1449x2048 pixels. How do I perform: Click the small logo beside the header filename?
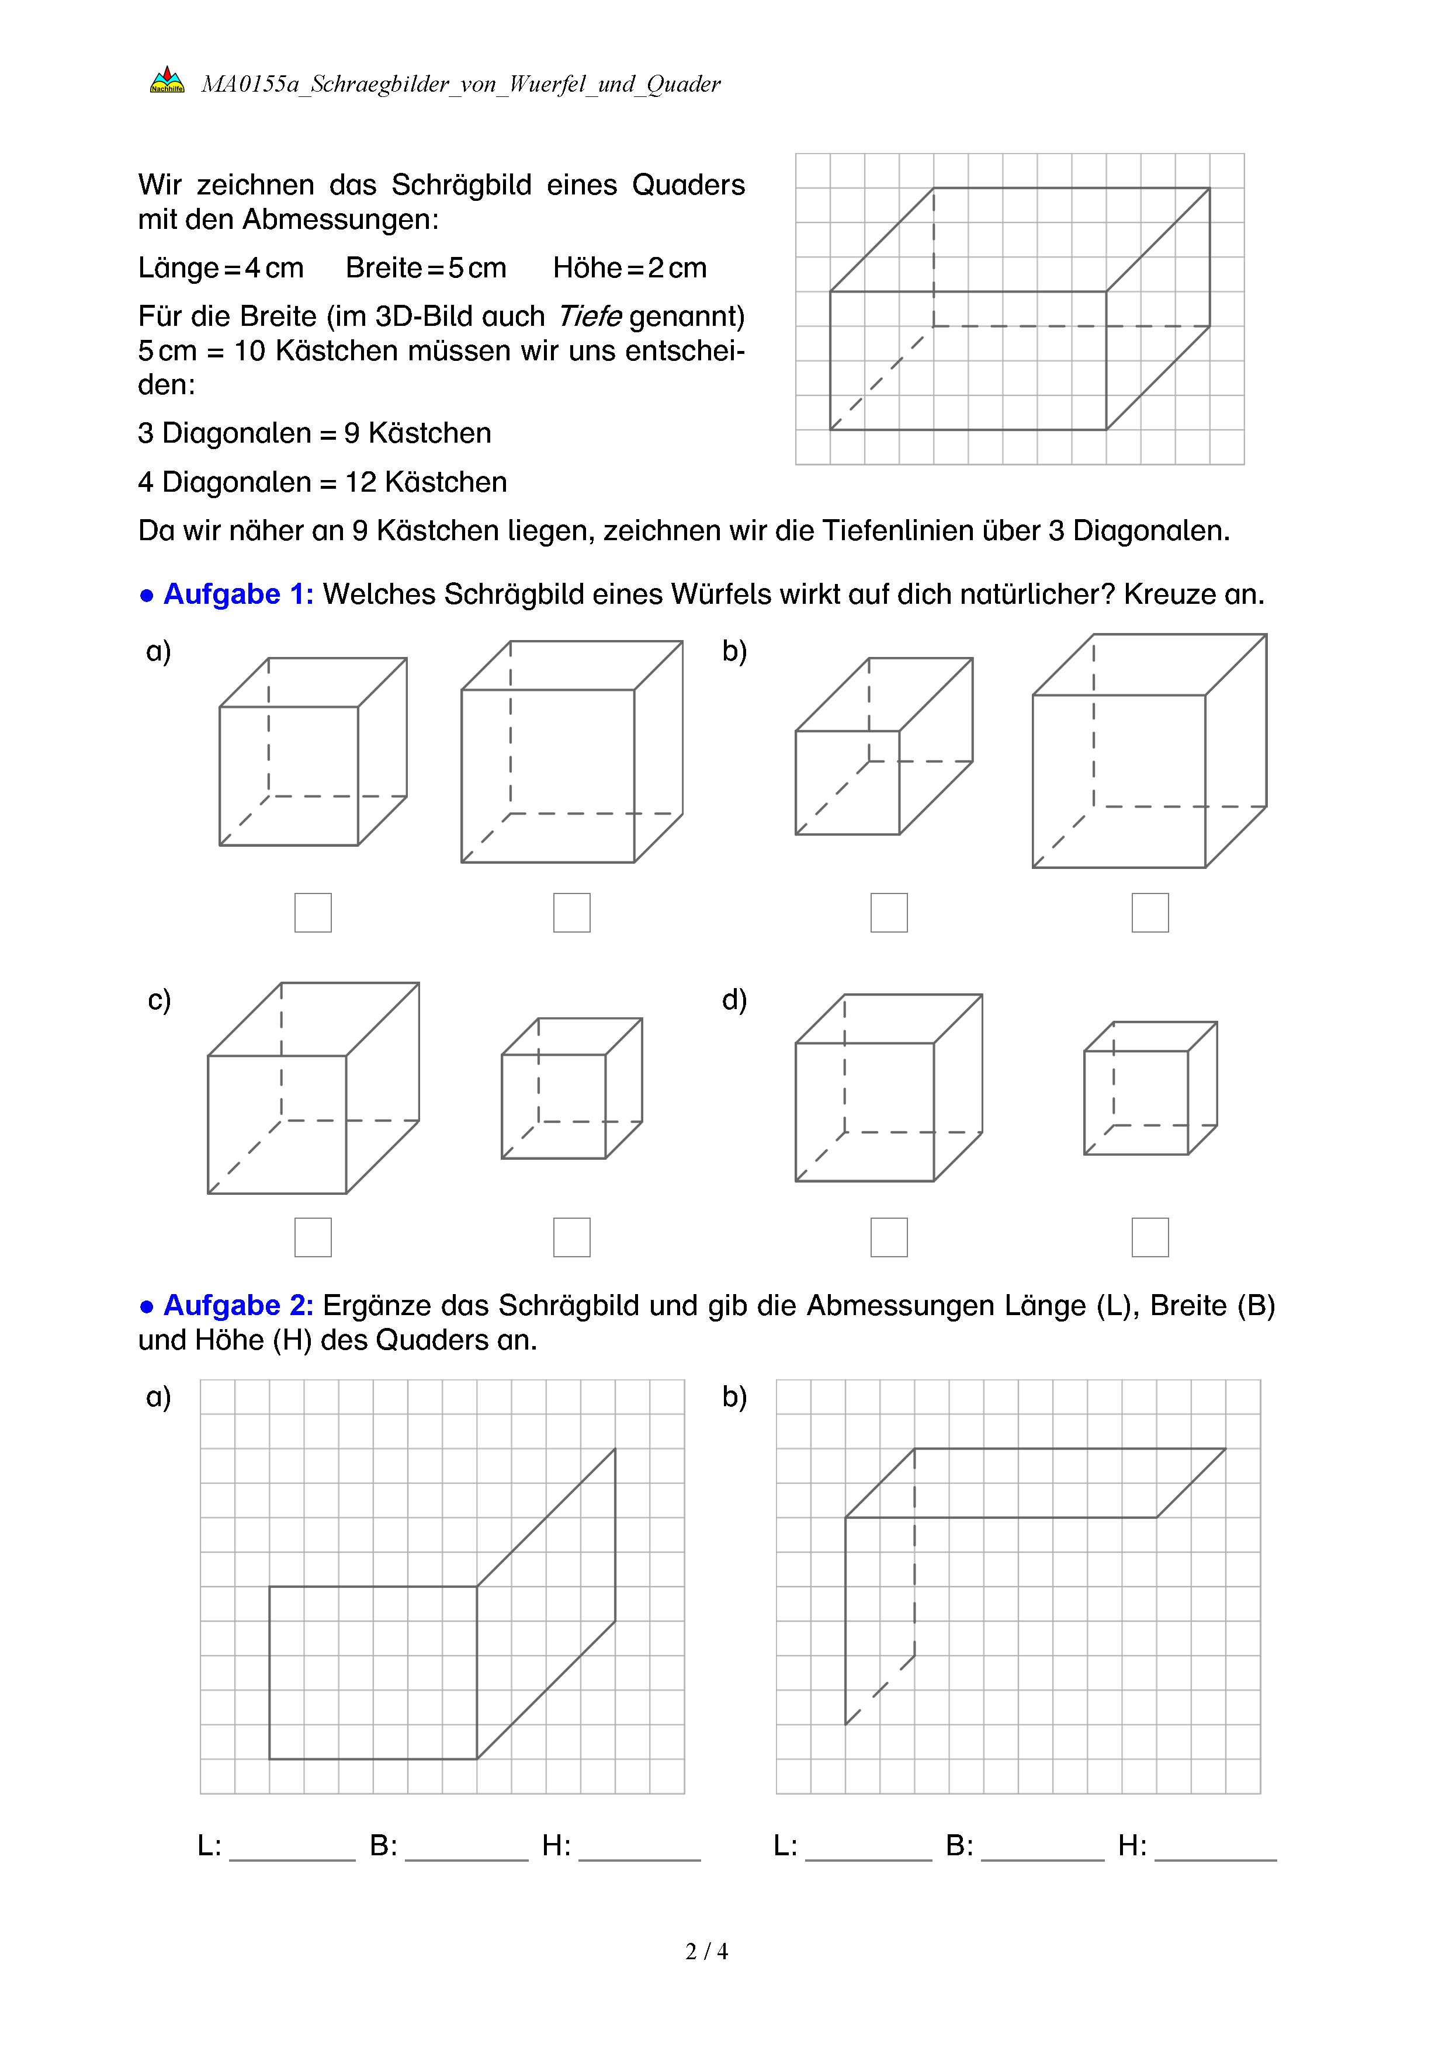[x=167, y=80]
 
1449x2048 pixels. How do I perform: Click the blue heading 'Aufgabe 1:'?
[x=238, y=594]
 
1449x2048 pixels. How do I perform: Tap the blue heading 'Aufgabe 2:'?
[x=238, y=1305]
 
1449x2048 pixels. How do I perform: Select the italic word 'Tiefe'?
[x=590, y=316]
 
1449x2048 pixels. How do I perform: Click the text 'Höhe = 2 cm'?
[x=630, y=267]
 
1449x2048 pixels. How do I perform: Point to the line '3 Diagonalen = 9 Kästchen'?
[x=314, y=433]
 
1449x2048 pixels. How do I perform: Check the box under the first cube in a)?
[x=313, y=913]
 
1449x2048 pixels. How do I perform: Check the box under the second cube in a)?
[x=572, y=913]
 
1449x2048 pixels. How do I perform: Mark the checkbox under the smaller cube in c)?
[x=572, y=1237]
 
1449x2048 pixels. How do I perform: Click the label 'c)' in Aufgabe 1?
[x=159, y=999]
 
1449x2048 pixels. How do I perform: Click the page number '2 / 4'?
[x=706, y=1952]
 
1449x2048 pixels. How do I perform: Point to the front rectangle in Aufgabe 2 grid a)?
[x=373, y=1673]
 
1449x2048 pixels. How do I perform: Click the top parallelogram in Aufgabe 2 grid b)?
[x=1035, y=1483]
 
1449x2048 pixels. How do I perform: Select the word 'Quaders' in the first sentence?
[x=688, y=185]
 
